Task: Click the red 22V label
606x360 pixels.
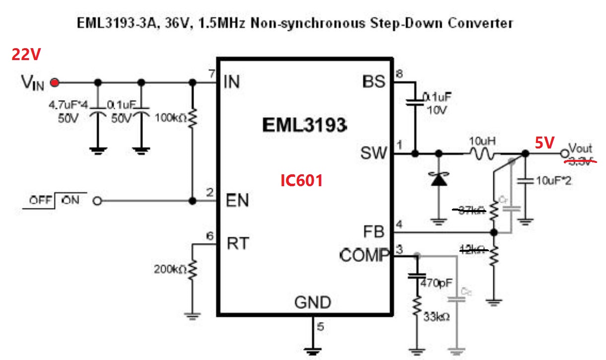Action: coord(26,55)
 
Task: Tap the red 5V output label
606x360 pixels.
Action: coord(544,143)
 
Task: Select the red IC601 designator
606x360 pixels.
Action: coord(302,180)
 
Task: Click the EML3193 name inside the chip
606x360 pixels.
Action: coord(304,126)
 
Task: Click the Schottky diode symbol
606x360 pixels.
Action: coord(438,179)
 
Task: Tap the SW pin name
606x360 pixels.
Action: coord(373,154)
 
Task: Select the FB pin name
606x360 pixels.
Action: coord(374,231)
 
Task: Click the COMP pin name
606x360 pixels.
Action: coord(364,256)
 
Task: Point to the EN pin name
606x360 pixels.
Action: coord(237,201)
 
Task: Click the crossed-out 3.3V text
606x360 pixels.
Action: coord(580,160)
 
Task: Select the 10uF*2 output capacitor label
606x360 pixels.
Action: coord(554,181)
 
